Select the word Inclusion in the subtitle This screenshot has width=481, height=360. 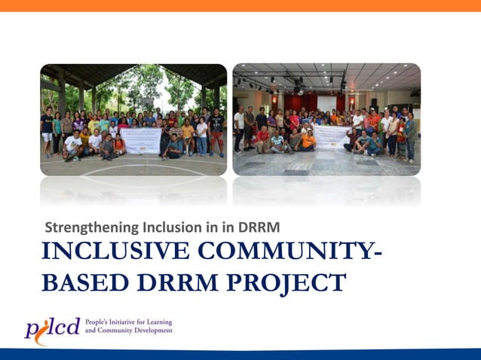[x=164, y=227]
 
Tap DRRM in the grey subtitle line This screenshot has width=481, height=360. [x=259, y=227]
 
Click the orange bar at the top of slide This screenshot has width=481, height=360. [x=240, y=5]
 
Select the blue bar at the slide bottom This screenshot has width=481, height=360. [x=240, y=354]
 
